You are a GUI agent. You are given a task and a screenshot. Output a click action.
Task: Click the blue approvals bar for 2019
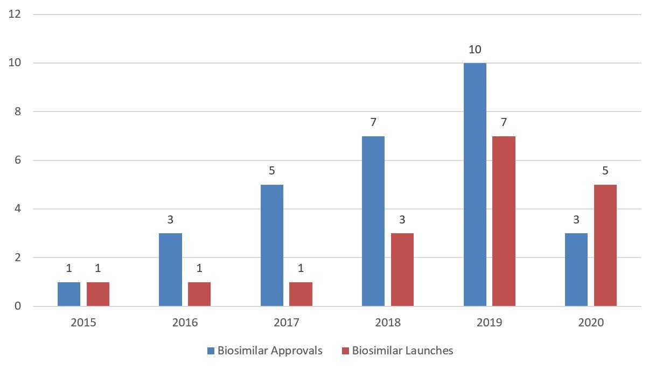click(474, 184)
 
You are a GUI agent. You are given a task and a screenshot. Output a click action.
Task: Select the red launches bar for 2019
click(504, 221)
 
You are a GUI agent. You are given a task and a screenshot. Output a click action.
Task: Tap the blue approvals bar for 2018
click(373, 221)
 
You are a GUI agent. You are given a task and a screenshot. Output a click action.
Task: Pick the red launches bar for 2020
click(605, 245)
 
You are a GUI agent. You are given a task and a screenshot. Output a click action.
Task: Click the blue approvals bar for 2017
click(271, 245)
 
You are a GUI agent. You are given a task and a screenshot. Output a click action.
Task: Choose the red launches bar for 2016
click(199, 294)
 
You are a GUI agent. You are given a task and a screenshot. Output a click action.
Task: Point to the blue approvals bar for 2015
click(69, 294)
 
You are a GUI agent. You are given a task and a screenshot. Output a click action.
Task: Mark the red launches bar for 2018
click(402, 269)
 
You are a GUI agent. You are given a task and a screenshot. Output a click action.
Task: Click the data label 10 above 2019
click(474, 50)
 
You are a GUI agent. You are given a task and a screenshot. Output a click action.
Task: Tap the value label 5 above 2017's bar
click(271, 171)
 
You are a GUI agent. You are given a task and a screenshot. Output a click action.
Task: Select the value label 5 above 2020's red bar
click(605, 171)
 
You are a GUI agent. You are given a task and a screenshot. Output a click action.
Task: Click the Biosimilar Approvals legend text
click(270, 351)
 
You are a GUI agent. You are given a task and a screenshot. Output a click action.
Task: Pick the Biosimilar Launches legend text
click(402, 351)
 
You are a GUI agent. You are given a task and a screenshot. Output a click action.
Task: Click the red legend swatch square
click(346, 351)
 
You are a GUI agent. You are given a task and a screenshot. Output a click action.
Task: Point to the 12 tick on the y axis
click(15, 14)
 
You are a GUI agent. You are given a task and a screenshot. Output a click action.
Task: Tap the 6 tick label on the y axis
click(18, 160)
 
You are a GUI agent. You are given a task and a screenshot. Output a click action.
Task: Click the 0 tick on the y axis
click(18, 306)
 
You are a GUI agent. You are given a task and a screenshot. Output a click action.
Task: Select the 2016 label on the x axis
click(185, 323)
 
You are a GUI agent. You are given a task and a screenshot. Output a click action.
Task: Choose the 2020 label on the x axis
click(591, 323)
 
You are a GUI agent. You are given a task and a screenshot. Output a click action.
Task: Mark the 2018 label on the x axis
click(388, 323)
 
